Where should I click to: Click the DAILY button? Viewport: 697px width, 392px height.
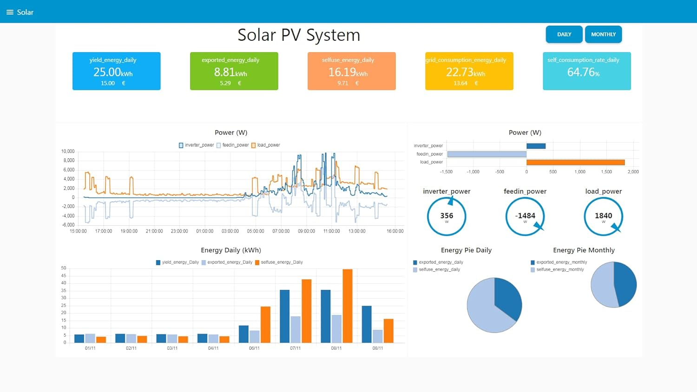tap(564, 34)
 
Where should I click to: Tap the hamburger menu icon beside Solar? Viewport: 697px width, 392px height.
tap(10, 12)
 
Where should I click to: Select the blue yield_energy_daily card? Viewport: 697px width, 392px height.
tap(116, 71)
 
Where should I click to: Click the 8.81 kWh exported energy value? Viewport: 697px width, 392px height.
tap(230, 72)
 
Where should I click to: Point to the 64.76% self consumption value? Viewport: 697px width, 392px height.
tap(583, 72)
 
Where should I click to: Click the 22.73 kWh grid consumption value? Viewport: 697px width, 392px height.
tap(465, 72)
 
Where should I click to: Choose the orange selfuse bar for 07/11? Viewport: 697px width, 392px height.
tap(306, 311)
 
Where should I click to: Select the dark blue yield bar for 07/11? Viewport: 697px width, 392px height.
tap(284, 316)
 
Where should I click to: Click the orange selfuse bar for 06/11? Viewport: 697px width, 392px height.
tap(265, 324)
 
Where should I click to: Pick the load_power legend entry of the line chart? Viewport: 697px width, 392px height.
tap(266, 145)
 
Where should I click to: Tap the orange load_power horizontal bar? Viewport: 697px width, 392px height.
tap(575, 162)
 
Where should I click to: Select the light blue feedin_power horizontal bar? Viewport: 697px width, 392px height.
tap(487, 154)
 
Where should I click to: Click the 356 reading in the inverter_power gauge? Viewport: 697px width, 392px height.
tap(447, 216)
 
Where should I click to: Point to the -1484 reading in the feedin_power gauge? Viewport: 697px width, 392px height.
tap(525, 216)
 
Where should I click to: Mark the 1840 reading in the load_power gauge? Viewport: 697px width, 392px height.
tap(603, 216)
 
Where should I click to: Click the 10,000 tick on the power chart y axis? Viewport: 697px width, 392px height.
tap(68, 151)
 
